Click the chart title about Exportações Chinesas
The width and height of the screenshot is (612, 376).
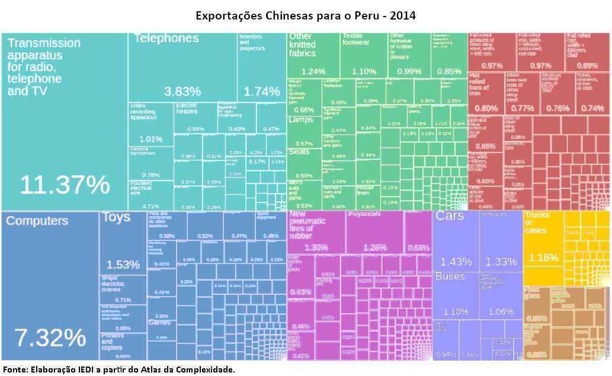[x=306, y=15]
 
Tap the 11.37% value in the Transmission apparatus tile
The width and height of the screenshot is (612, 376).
[x=65, y=185]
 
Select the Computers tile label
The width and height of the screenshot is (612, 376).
[x=37, y=221]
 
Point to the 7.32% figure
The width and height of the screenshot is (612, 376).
[x=50, y=338]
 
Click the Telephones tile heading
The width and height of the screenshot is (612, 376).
[x=166, y=38]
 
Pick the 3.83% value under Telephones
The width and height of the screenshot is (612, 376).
[x=182, y=92]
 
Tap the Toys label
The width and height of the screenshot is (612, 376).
[x=116, y=217]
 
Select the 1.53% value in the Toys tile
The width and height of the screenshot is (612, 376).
[x=123, y=264]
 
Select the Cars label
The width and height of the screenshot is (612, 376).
[x=450, y=216]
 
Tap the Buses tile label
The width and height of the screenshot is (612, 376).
[x=450, y=277]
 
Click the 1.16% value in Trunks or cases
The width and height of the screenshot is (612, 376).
[x=544, y=258]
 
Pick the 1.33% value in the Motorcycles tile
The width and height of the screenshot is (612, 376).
[x=501, y=262]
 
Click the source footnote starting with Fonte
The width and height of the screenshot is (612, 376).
[x=119, y=369]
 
